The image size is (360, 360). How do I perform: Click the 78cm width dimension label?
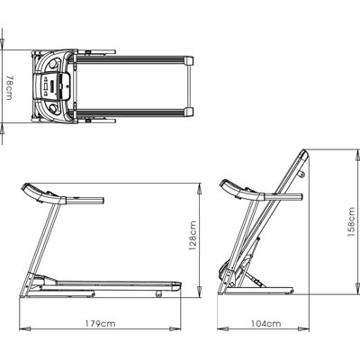(9, 87)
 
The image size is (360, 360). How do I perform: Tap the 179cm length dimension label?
(100, 324)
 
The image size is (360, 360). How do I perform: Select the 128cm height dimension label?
(193, 236)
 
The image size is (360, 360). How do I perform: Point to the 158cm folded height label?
(351, 221)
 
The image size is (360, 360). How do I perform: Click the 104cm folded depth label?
(266, 324)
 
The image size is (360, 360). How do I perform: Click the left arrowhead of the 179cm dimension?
(25, 328)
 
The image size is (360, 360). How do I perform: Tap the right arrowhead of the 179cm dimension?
(175, 328)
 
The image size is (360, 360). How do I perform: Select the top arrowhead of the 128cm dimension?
(199, 189)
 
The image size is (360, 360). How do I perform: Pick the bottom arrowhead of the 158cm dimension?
(357, 288)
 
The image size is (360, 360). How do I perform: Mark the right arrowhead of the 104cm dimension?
(303, 328)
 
